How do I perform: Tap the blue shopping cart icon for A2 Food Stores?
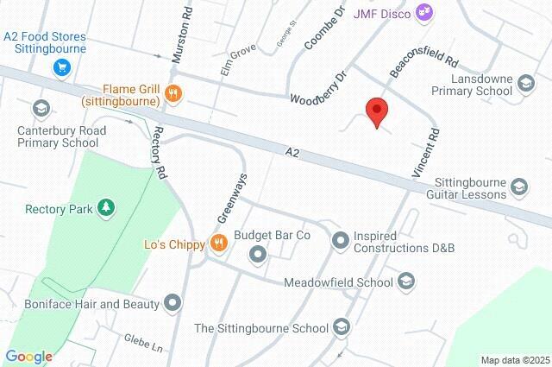pos(60,66)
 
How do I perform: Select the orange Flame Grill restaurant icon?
pos(173,94)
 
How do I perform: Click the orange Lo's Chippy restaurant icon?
pos(219,244)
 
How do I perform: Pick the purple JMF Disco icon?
pos(423,11)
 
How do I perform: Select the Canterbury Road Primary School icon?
pos(40,109)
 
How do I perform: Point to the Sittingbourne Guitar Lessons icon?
pos(519,186)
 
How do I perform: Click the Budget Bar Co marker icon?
pos(257,254)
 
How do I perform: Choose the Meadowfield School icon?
pos(407,281)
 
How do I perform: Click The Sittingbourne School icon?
pos(342,327)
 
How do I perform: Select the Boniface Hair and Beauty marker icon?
pos(173,303)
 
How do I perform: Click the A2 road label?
pos(293,153)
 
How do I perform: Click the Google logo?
pos(29,357)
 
